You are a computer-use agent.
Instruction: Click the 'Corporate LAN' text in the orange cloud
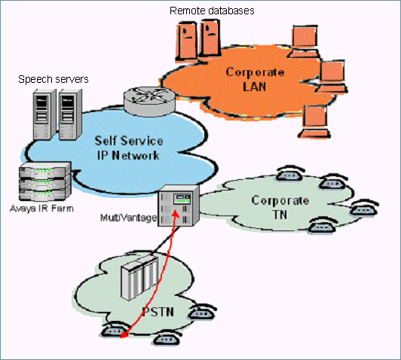coord(256,79)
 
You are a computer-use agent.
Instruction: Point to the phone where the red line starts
coord(117,333)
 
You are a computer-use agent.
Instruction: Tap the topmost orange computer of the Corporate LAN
coord(304,38)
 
